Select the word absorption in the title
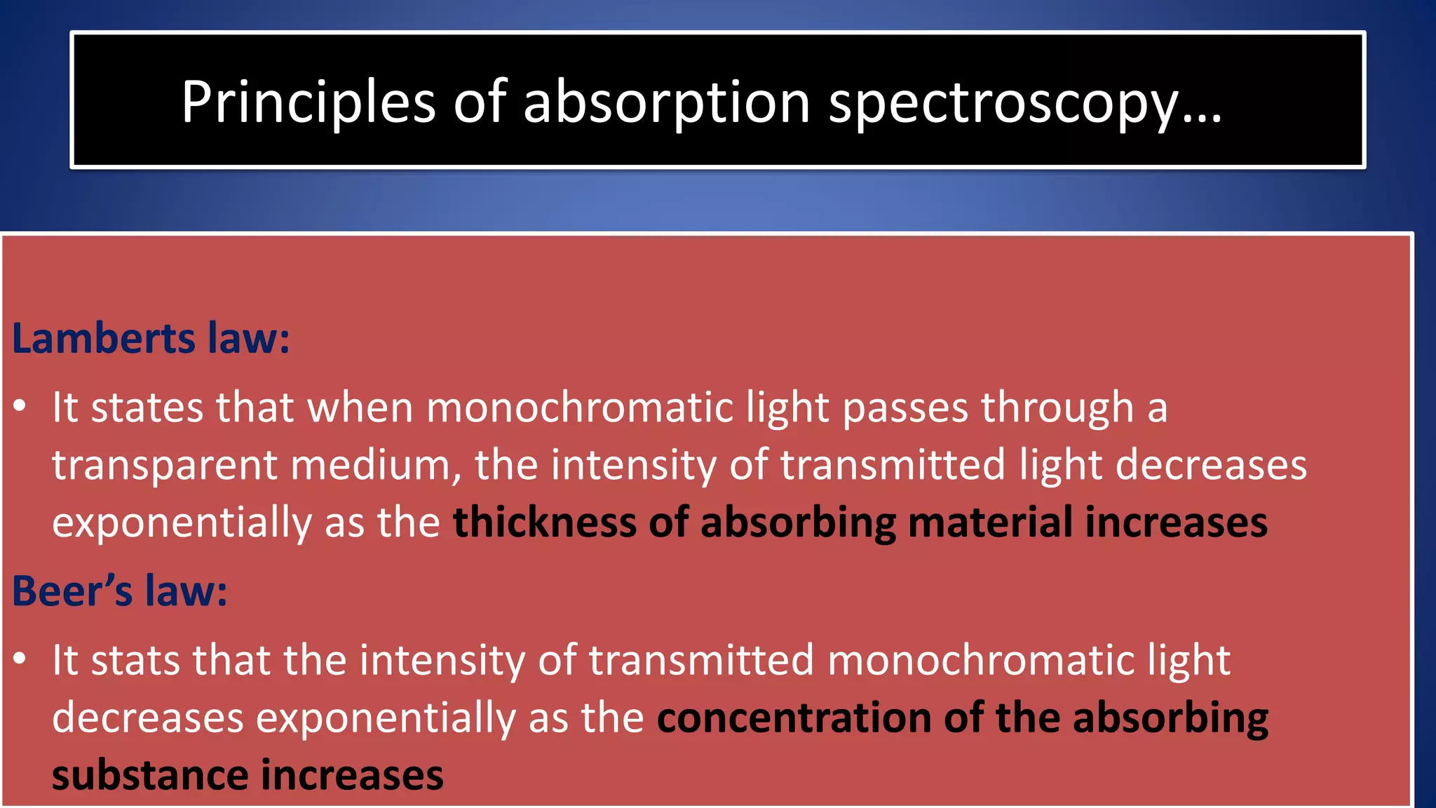click(x=666, y=102)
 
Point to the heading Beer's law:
click(x=120, y=591)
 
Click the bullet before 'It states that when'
click(x=20, y=406)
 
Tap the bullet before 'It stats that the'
click(x=20, y=659)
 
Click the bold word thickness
click(x=544, y=523)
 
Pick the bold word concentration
click(x=794, y=718)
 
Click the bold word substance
click(x=149, y=776)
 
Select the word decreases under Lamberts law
click(x=1211, y=465)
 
